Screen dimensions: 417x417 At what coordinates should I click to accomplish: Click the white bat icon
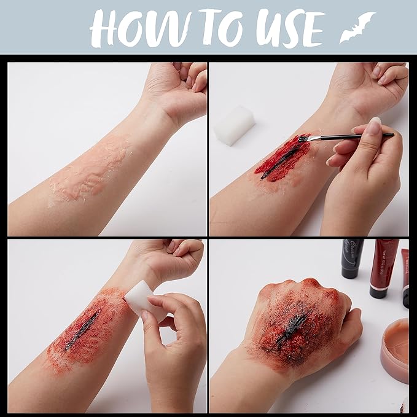[x=357, y=28]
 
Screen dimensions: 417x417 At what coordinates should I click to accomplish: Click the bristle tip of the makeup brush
[x=302, y=139]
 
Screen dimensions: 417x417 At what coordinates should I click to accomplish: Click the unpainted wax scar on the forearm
[x=92, y=169]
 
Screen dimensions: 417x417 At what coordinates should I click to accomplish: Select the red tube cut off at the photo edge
[x=405, y=276]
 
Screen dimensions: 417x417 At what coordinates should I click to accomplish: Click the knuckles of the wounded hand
[x=295, y=289]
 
